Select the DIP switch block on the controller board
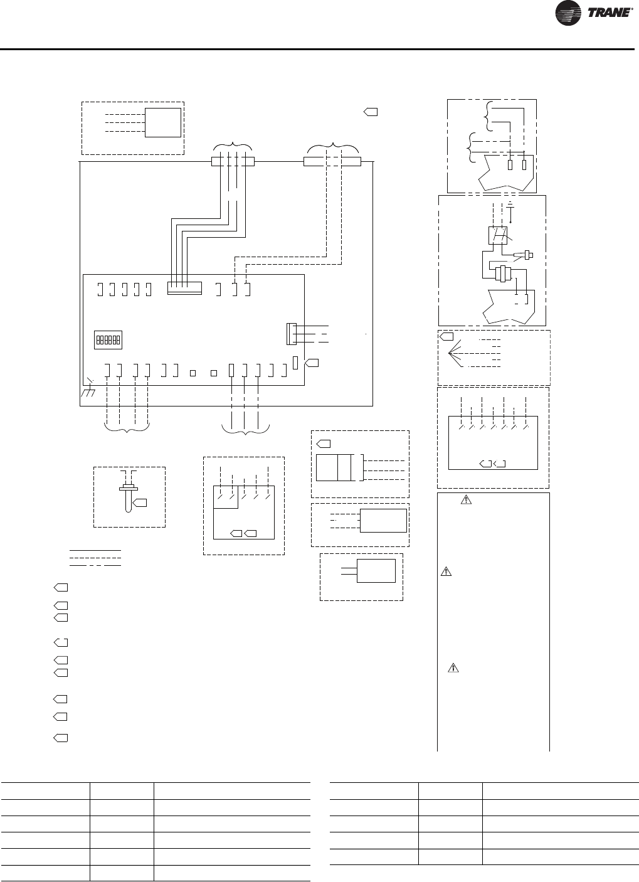click(107, 340)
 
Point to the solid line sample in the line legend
click(95, 550)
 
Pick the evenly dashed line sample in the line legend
click(95, 558)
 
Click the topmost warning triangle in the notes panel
click(465, 500)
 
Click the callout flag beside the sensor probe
click(142, 502)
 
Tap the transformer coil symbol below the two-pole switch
click(502, 274)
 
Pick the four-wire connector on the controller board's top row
click(184, 288)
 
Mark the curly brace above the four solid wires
click(232, 146)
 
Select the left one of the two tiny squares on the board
click(193, 373)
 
